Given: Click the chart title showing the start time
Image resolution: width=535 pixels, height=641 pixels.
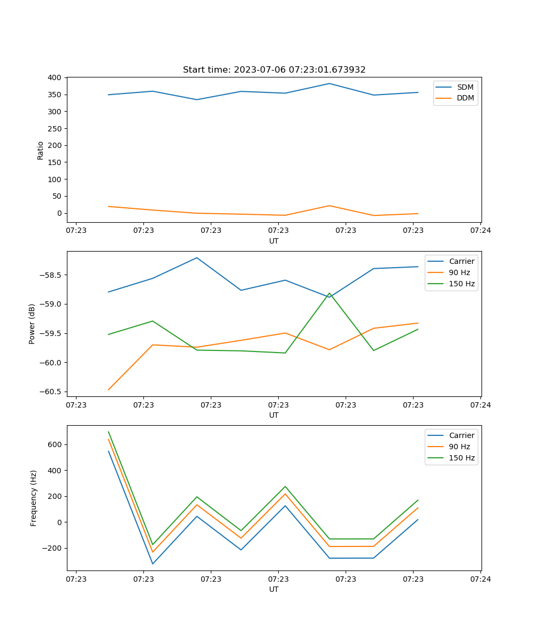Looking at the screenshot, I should [x=274, y=70].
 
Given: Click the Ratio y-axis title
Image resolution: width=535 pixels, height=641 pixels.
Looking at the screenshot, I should [x=41, y=150].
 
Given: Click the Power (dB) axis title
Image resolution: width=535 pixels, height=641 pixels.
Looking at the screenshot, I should [x=32, y=324].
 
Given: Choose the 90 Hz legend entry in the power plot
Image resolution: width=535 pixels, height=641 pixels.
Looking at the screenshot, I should [x=459, y=272].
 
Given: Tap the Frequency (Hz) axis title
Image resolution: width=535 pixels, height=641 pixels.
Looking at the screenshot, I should [x=33, y=498].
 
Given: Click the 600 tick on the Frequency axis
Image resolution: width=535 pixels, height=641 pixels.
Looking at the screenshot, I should [x=55, y=444].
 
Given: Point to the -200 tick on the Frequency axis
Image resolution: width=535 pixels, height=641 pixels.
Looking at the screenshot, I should [x=52, y=548].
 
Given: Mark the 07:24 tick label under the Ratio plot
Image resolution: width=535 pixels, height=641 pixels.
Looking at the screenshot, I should [x=480, y=231].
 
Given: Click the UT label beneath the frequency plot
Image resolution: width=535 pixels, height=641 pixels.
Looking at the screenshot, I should [x=274, y=589].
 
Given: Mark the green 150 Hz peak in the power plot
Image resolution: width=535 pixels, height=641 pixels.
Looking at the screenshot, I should [x=330, y=293].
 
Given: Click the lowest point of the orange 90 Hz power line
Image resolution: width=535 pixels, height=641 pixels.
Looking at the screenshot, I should [x=109, y=390].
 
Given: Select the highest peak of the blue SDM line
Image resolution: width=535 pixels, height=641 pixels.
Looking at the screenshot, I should [x=330, y=83].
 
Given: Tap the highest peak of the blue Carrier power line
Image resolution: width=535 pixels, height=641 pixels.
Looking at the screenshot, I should [x=197, y=257].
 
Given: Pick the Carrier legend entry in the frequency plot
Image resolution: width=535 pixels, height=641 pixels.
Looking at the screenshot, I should [x=461, y=435].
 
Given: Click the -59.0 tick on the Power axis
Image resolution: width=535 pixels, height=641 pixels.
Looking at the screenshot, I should [x=50, y=304].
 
